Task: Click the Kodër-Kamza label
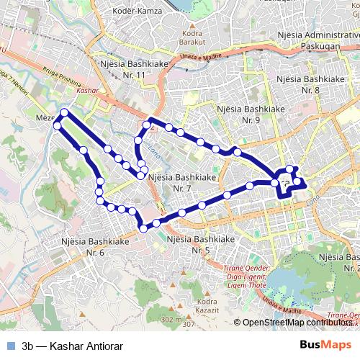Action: pyautogui.click(x=144, y=13)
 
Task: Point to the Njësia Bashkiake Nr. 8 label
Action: pyautogui.click(x=311, y=84)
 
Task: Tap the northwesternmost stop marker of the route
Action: pyautogui.click(x=64, y=112)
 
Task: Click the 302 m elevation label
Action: pyautogui.click(x=172, y=319)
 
